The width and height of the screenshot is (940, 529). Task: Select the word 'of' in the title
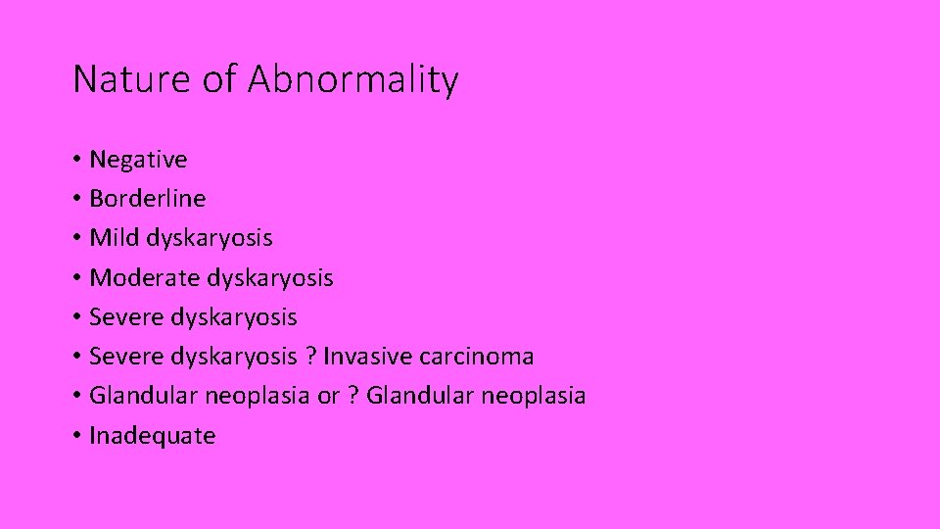point(219,79)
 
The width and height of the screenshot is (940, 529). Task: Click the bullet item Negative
point(138,160)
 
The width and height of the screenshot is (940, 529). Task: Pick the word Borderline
point(148,199)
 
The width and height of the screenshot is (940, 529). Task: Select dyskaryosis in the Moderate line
point(270,279)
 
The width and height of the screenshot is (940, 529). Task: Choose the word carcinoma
point(477,357)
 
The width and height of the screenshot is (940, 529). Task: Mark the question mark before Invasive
point(311,357)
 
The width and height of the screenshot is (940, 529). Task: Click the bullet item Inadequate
point(152,436)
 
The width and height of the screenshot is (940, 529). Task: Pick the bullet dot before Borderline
point(77,200)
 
